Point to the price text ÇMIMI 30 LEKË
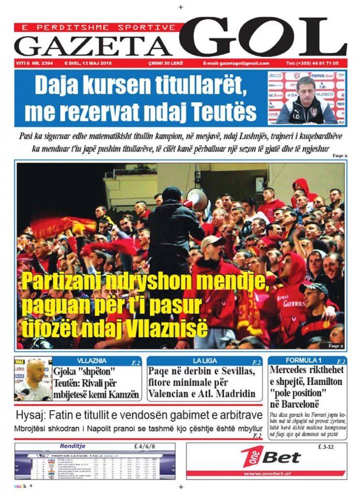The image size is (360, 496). [163, 64]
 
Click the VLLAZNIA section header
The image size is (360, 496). [92, 360]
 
